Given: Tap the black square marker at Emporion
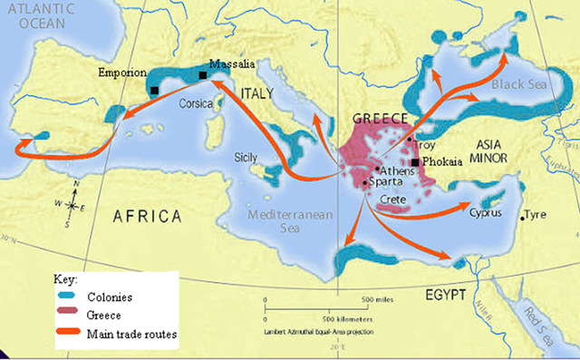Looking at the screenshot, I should (155, 90).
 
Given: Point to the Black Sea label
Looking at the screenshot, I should (517, 83).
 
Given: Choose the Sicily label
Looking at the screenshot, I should (247, 155).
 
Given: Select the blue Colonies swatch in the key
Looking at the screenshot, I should (65, 297).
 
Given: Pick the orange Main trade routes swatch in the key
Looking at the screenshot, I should (65, 335).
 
